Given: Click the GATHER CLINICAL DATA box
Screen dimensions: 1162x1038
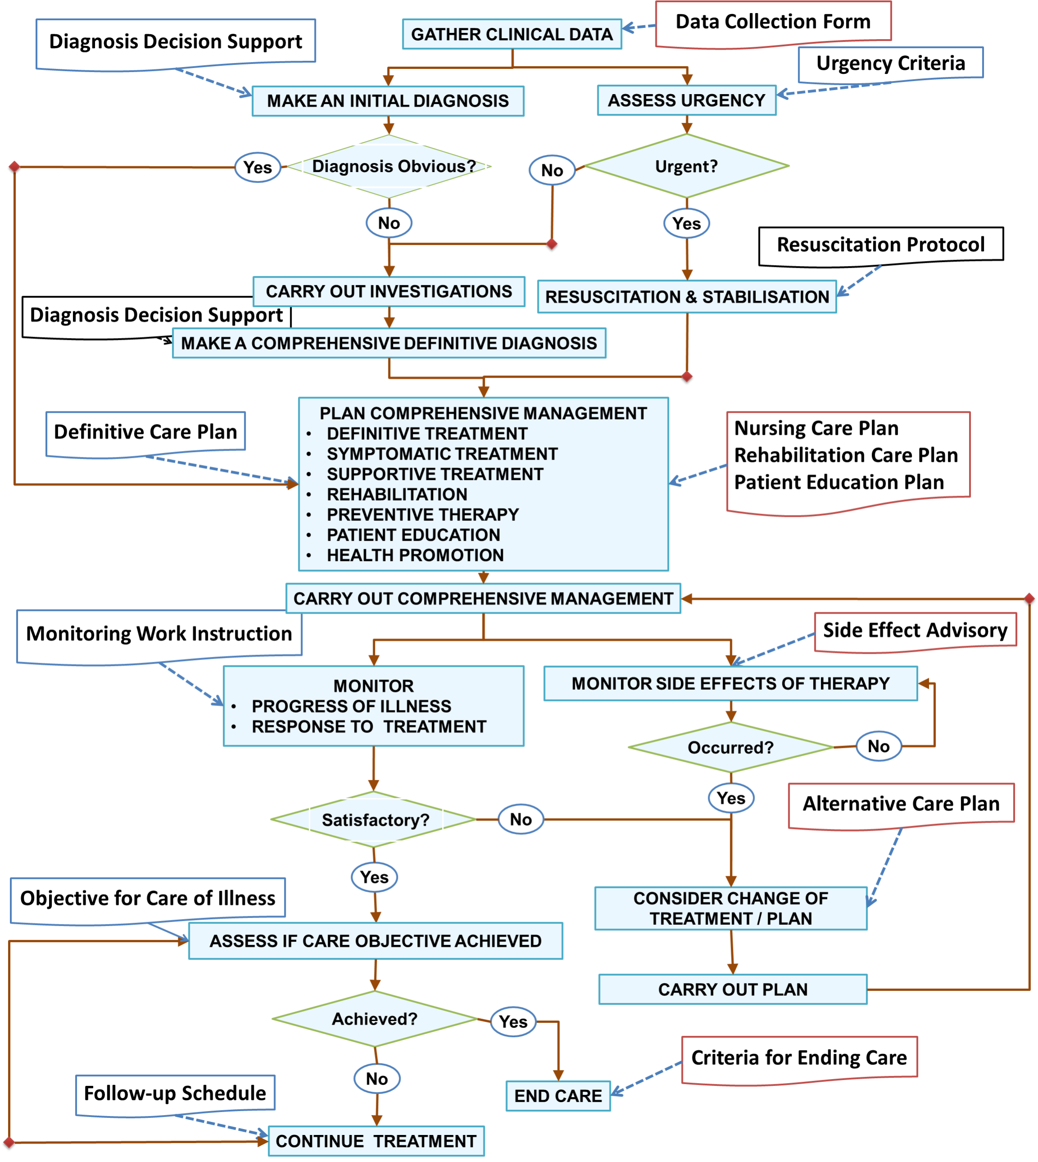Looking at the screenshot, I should (x=512, y=34).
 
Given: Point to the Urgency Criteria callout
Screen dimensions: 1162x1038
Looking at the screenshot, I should (x=890, y=63).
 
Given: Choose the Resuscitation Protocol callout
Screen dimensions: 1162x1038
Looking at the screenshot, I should (x=880, y=245).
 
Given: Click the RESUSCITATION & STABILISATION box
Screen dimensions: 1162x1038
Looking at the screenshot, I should (x=687, y=297).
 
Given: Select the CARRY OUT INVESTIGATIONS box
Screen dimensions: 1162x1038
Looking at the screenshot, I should (x=389, y=291).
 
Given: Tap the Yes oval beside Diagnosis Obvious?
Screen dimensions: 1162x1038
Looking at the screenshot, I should (x=258, y=167).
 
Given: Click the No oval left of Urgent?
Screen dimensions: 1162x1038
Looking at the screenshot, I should (x=551, y=170).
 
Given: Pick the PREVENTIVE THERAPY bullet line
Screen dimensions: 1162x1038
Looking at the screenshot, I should (x=423, y=515).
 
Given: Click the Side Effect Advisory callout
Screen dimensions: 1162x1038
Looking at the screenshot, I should (x=915, y=630).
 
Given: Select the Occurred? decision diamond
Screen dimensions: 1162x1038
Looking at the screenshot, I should (x=730, y=747).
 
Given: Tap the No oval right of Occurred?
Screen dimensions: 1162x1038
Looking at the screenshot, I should (x=878, y=746).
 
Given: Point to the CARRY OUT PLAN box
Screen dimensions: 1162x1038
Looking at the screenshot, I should (x=732, y=989).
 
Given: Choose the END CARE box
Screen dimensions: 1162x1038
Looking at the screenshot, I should (x=558, y=1096).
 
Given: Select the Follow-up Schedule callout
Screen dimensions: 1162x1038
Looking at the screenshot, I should (x=175, y=1093).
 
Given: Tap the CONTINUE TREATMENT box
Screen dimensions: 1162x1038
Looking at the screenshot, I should (x=376, y=1141).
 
